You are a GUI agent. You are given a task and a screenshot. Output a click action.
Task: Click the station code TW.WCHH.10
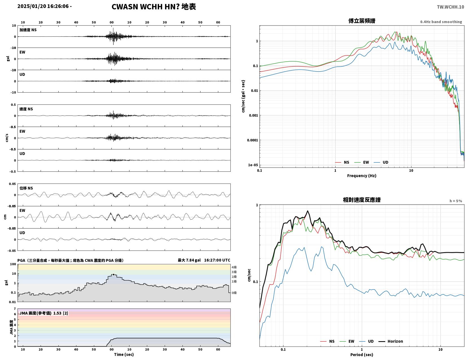pos(450,7)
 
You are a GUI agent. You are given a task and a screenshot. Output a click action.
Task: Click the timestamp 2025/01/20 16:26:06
pos(43,6)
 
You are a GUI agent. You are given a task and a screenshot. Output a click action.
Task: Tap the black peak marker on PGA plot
pos(113,274)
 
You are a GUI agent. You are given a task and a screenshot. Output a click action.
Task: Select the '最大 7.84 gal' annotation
pos(189,260)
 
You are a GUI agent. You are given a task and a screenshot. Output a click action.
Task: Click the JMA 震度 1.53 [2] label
pos(44,313)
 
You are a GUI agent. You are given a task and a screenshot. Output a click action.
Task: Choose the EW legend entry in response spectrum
pos(347,341)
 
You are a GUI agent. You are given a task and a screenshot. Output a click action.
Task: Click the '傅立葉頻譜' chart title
pos(362,21)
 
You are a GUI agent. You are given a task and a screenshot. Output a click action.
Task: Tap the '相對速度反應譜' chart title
pos(362,200)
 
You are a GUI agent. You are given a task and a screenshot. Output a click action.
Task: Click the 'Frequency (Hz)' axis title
pos(362,176)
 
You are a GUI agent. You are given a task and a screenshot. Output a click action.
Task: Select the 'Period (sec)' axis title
pos(362,355)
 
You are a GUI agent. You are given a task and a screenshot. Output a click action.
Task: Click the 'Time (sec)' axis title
pos(124,354)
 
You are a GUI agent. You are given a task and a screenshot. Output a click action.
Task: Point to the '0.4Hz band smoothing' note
pos(441,22)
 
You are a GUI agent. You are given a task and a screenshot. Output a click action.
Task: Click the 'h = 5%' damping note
pos(456,201)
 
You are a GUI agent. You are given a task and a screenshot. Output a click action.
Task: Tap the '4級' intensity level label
pos(234,267)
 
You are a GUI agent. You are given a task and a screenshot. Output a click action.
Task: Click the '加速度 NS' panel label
pos(28,30)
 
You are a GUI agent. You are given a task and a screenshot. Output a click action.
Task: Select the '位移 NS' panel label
pos(26,188)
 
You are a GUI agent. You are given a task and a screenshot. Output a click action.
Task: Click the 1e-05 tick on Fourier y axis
pos(253,165)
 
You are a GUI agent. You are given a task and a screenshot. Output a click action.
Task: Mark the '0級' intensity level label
pos(234,293)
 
